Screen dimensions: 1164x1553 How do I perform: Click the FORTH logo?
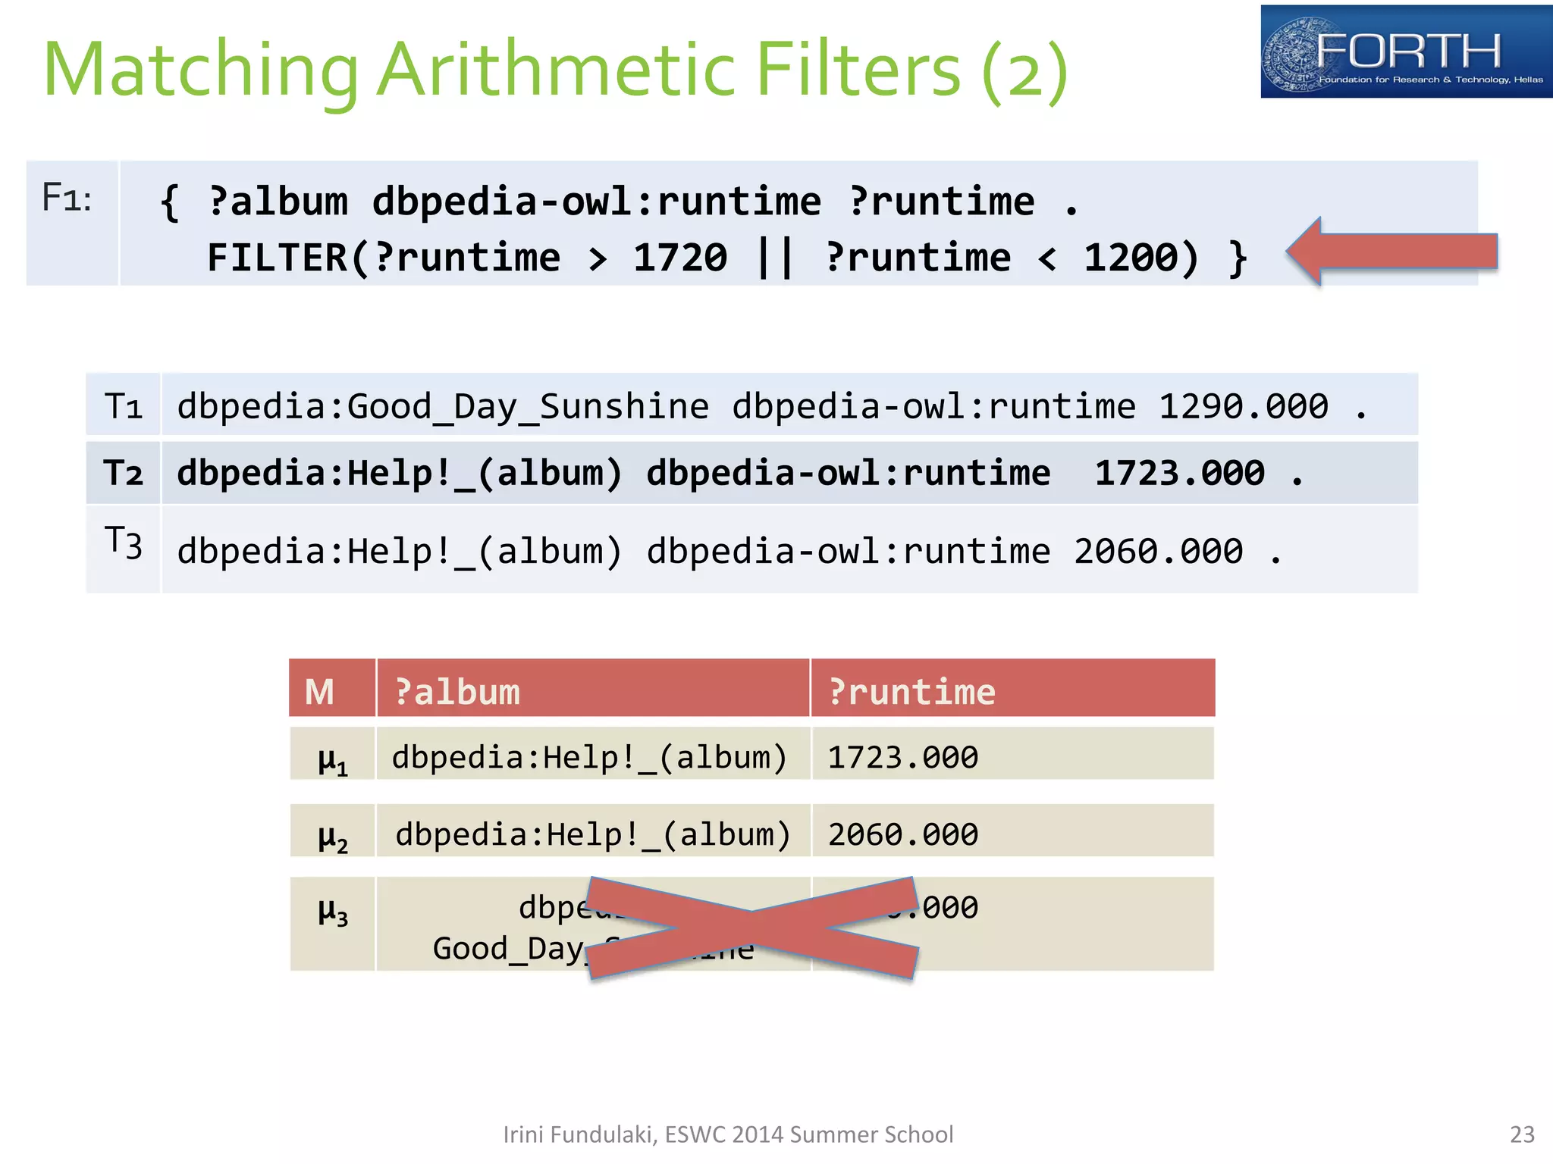pyautogui.click(x=1405, y=52)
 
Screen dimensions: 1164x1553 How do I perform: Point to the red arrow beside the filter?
pyautogui.click(x=1393, y=252)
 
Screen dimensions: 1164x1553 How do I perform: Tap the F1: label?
pyautogui.click(x=67, y=198)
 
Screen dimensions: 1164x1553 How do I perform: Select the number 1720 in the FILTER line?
pyautogui.click(x=680, y=258)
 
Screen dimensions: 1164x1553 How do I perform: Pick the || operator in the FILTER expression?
pyautogui.click(x=776, y=258)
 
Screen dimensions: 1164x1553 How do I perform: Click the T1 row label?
pyautogui.click(x=123, y=405)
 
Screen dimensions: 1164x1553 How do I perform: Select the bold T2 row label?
pyautogui.click(x=123, y=473)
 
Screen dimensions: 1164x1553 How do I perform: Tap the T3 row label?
pyautogui.click(x=123, y=543)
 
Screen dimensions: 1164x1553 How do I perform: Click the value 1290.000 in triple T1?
pyautogui.click(x=1244, y=406)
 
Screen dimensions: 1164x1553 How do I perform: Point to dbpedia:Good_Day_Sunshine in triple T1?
pyautogui.click(x=443, y=407)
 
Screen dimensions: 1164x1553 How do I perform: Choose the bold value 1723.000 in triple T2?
pyautogui.click(x=1180, y=474)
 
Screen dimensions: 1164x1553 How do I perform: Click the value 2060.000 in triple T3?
pyautogui.click(x=1159, y=551)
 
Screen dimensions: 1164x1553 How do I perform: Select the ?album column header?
pyautogui.click(x=457, y=692)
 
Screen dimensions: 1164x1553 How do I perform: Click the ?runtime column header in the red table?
pyautogui.click(x=911, y=692)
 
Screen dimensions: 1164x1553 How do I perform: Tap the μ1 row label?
pyautogui.click(x=332, y=759)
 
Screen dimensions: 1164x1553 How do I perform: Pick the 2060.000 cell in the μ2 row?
pyautogui.click(x=903, y=835)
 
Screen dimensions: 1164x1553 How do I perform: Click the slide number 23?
pyautogui.click(x=1522, y=1134)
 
